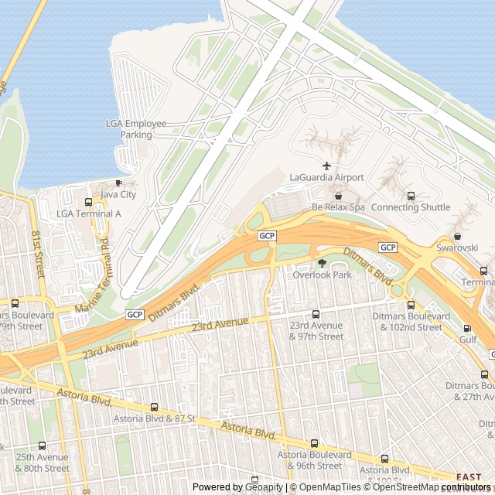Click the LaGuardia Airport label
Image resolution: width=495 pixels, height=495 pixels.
pos(326,177)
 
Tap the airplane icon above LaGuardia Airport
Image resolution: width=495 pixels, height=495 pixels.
pos(326,166)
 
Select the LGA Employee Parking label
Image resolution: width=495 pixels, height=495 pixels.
pos(136,129)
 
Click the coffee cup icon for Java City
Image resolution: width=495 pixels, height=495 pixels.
pos(118,183)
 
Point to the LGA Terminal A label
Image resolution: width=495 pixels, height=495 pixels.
pos(89,213)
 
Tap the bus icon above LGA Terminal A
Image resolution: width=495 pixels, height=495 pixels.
pos(88,202)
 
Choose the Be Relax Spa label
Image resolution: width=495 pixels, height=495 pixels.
pos(338,207)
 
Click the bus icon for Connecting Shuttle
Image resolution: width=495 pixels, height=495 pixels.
pos(411,196)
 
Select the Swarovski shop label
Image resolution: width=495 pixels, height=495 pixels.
pos(458,247)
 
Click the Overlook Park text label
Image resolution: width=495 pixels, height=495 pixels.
pos(322,275)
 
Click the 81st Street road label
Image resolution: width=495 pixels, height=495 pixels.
pos(36,247)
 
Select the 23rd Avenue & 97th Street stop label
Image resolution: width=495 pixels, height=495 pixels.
pos(316,331)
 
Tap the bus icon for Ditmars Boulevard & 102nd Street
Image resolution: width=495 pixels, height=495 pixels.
pos(411,305)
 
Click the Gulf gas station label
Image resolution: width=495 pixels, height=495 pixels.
pos(469,339)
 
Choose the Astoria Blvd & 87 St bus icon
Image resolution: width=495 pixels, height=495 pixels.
pos(154,407)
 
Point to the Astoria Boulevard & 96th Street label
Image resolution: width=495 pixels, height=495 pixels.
pos(315,460)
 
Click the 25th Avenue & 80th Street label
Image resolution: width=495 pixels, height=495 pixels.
pos(42,463)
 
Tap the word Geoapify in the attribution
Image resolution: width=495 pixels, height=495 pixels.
pos(263,487)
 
